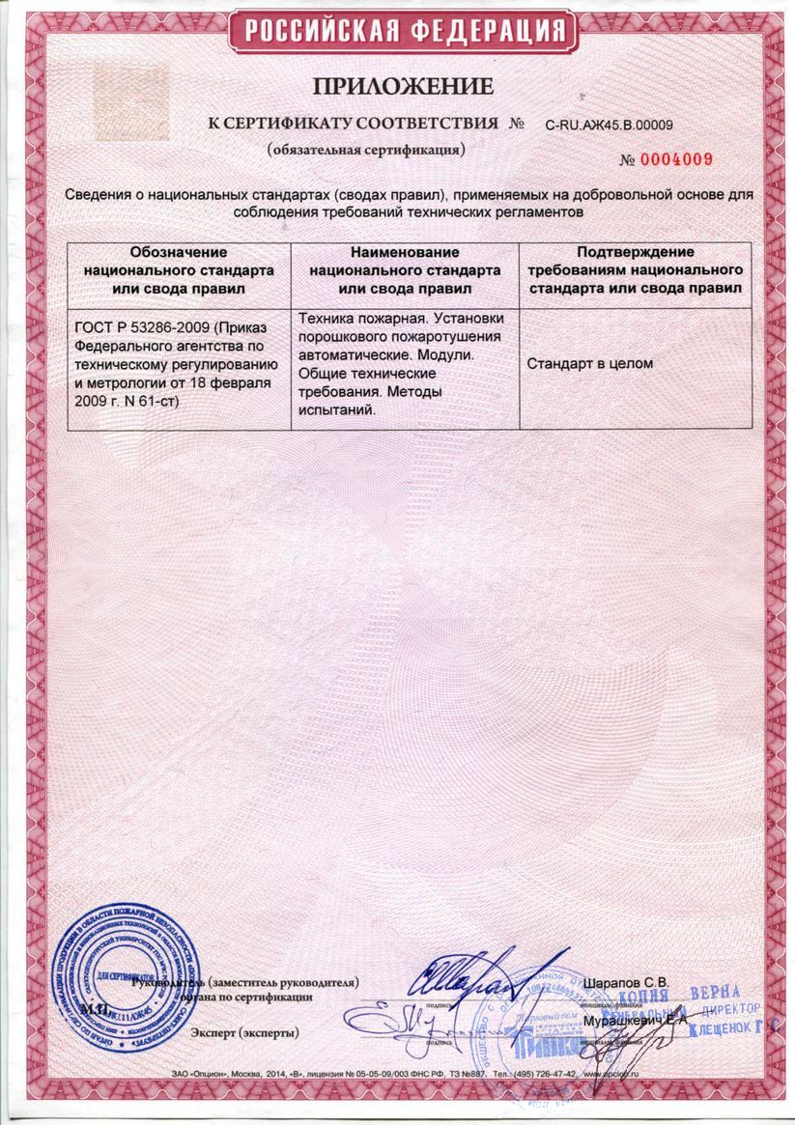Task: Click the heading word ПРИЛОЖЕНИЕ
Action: (x=403, y=86)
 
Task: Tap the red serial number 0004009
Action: (x=680, y=160)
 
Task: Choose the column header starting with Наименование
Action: (x=405, y=269)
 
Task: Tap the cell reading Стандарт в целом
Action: (x=590, y=364)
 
